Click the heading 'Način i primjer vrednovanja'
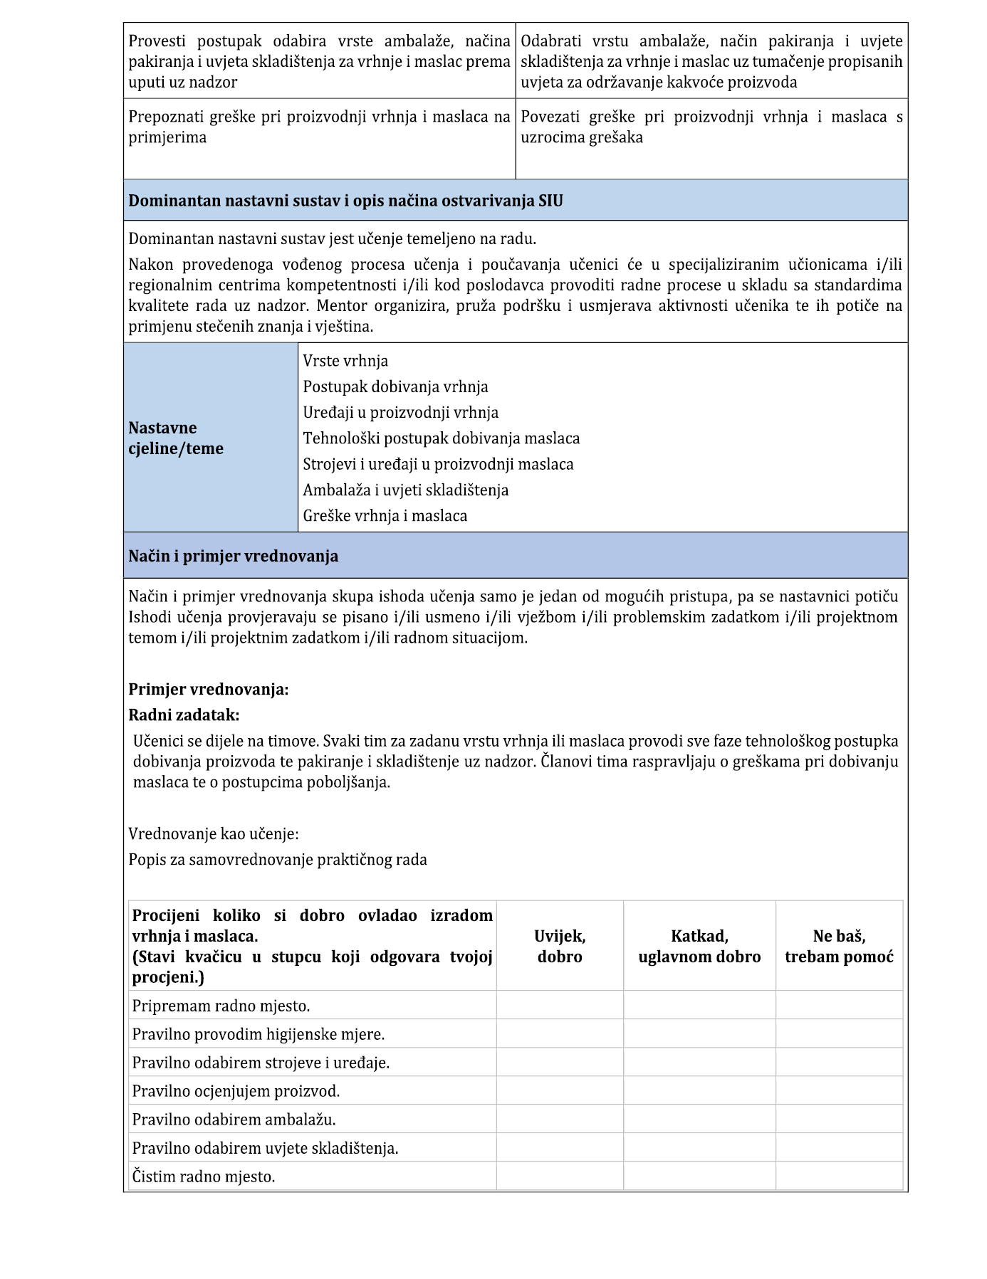(233, 556)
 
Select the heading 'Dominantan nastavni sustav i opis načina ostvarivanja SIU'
(345, 201)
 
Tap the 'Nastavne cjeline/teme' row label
(176, 438)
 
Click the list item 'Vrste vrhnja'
(345, 361)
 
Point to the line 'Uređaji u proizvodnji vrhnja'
(400, 412)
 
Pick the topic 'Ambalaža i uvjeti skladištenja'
(405, 490)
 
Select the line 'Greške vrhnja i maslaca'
(385, 515)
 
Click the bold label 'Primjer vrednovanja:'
(208, 689)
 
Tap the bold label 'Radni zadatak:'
(184, 715)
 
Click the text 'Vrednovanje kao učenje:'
(213, 833)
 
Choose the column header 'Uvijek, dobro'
(560, 946)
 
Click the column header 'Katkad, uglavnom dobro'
(699, 946)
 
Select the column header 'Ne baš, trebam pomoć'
(839, 946)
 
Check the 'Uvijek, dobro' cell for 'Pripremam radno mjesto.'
(560, 1006)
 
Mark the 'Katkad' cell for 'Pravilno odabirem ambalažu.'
(699, 1120)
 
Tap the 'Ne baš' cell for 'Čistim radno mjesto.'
(839, 1177)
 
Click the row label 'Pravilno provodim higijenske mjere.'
(258, 1034)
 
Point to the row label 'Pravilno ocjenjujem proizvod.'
(236, 1091)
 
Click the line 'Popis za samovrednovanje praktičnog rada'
(278, 859)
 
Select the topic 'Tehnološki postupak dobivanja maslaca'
(441, 438)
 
